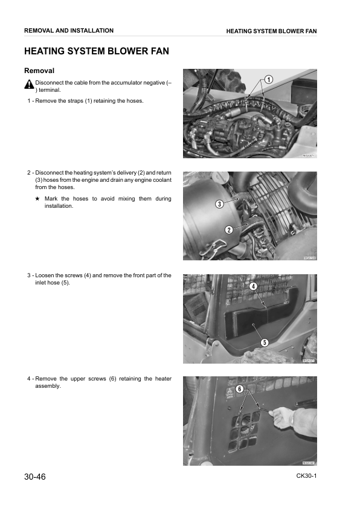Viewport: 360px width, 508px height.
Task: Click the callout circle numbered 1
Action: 268,79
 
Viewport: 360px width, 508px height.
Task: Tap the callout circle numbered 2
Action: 229,229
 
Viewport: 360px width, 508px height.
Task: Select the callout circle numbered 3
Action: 219,204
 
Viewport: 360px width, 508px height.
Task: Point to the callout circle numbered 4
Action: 253,285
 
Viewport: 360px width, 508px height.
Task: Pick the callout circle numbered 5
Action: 264,342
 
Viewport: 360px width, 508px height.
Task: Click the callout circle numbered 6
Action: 239,389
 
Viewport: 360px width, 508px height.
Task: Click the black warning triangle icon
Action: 29,86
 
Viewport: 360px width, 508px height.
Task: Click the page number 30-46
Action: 35,477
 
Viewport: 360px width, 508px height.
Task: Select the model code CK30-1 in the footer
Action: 306,476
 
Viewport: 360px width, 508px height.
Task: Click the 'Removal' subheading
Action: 39,71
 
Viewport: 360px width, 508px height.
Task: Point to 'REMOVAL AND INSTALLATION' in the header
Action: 68,30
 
